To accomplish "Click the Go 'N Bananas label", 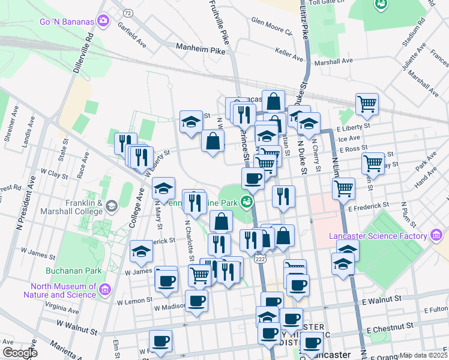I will pos(67,22).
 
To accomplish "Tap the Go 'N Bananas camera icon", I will pos(103,22).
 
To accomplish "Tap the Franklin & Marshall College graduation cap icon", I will pos(111,207).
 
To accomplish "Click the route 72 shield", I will pos(127,12).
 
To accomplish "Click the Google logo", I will pos(20,353).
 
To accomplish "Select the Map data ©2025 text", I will pos(424,355).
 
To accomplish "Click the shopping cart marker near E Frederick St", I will pos(343,188).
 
